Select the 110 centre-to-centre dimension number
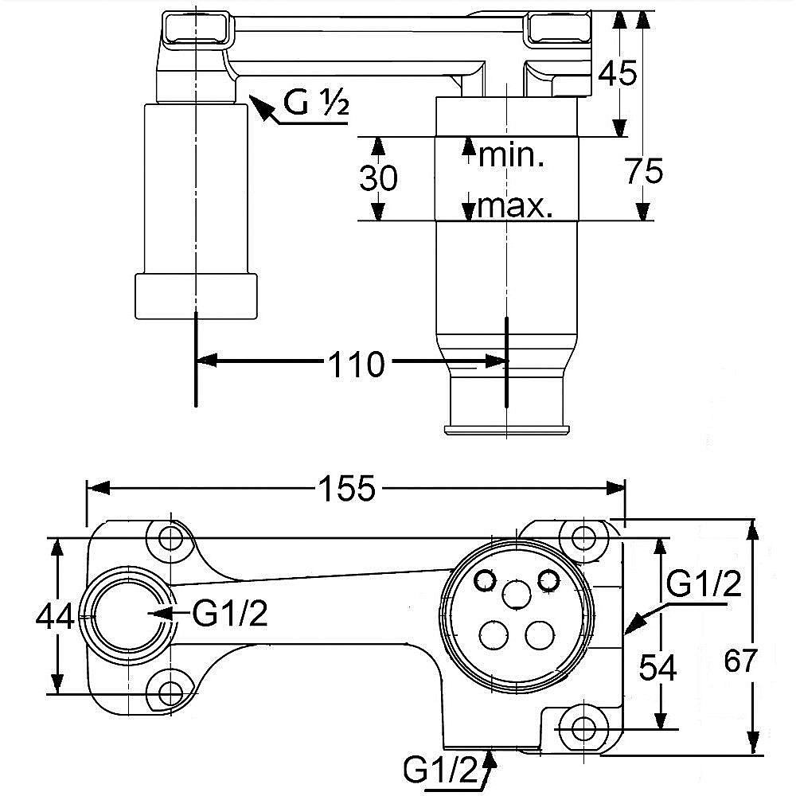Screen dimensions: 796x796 click(x=356, y=365)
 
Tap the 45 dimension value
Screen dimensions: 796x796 click(x=617, y=73)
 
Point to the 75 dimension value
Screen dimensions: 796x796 click(x=643, y=170)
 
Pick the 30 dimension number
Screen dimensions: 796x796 click(x=378, y=178)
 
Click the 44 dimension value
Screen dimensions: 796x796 click(x=55, y=615)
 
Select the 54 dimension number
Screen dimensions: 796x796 click(x=658, y=669)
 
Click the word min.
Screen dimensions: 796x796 click(x=510, y=155)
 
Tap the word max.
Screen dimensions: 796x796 click(x=515, y=208)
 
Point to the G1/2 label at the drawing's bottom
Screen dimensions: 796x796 click(x=439, y=770)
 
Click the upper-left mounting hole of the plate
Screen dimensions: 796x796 click(x=170, y=539)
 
